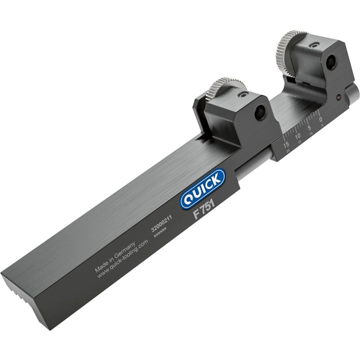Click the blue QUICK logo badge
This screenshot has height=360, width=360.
tap(202, 188)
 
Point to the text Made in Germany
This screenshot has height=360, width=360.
tap(114, 257)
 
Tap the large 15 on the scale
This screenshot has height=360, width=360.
tap(286, 143)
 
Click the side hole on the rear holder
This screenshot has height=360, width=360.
tap(331, 62)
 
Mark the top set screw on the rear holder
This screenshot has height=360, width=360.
tap(313, 45)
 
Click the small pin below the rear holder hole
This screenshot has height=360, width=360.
tap(338, 96)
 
